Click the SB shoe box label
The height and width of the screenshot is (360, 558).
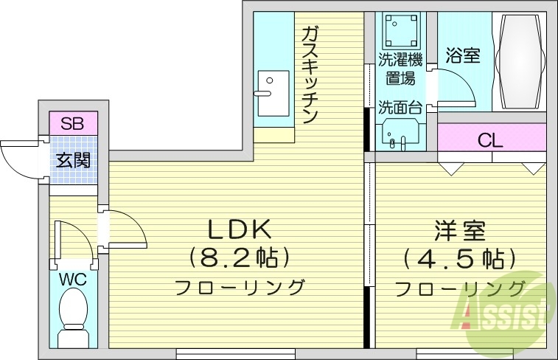pos(72,122)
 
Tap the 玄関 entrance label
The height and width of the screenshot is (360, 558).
pos(74,159)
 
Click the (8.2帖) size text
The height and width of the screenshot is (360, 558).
pos(238,257)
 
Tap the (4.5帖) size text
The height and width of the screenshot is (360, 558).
pos(455,259)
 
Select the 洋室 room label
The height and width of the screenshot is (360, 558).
pos(457,231)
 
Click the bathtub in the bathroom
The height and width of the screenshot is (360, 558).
pos(520,62)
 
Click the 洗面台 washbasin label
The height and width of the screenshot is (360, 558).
pos(400,108)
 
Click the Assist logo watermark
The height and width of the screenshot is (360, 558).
pos(509,310)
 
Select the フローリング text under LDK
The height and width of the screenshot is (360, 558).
pos(239,287)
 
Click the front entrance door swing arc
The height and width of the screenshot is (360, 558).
pos(16,159)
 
